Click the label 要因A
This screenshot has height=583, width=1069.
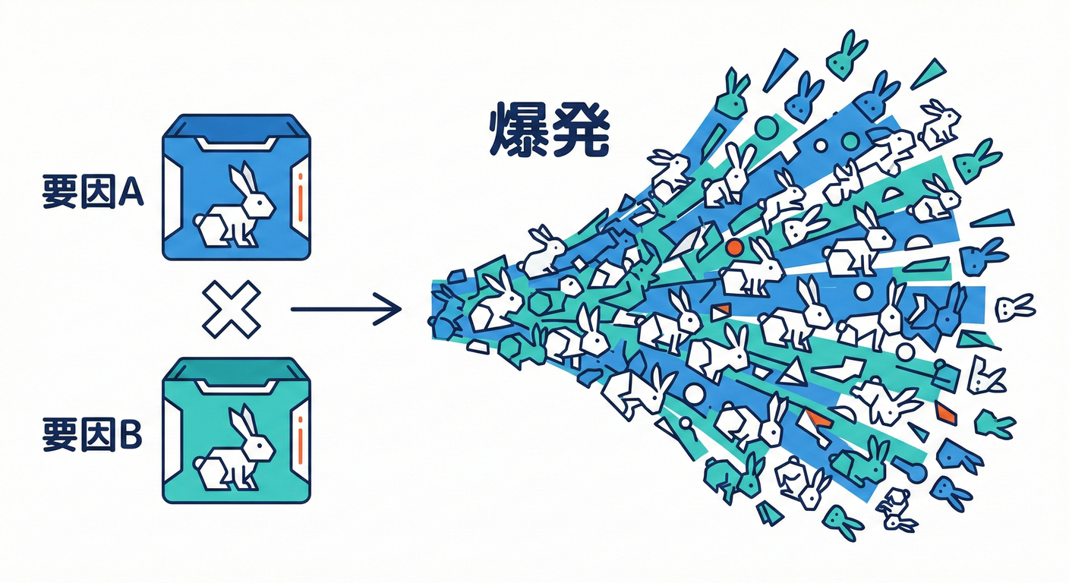click(93, 191)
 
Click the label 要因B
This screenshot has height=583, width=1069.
click(92, 434)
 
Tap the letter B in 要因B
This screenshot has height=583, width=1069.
click(131, 434)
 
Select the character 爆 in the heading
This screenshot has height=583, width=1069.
click(519, 130)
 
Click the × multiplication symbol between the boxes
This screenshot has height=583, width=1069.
click(232, 309)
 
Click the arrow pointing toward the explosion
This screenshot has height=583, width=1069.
click(346, 309)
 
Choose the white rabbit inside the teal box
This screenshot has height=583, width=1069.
click(235, 448)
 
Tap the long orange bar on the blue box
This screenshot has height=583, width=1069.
click(300, 203)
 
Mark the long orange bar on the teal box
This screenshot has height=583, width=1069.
click(300, 446)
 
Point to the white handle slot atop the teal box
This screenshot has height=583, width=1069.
click(237, 386)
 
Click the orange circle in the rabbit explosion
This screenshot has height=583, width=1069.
click(734, 247)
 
